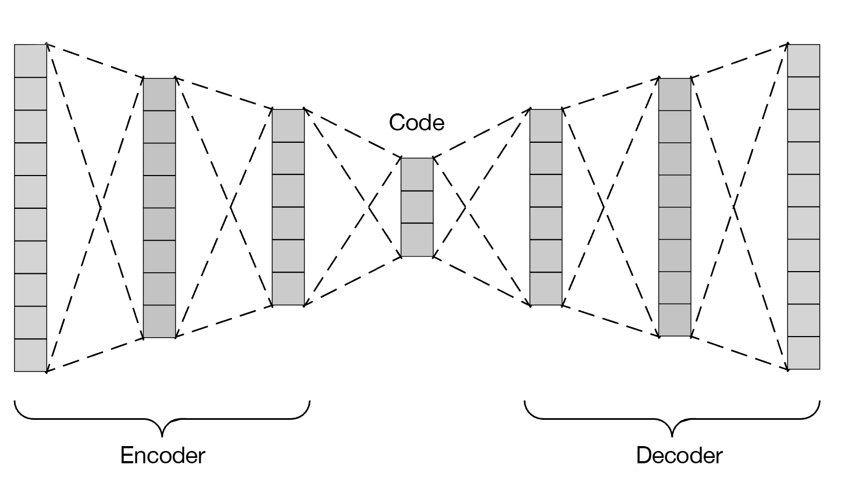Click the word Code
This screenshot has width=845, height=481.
click(417, 123)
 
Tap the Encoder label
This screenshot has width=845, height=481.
click(163, 455)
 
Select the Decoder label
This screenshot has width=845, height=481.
click(680, 455)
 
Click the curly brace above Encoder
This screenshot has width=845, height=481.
click(162, 419)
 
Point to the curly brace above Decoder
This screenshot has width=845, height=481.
click(672, 419)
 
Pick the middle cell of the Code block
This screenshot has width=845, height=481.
click(417, 207)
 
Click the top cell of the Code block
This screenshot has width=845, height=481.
click(417, 174)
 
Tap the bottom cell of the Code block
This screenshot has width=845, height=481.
click(417, 240)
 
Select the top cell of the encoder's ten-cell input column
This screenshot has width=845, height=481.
click(31, 61)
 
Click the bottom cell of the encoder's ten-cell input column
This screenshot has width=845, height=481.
click(31, 355)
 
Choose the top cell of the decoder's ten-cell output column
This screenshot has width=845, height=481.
click(804, 60)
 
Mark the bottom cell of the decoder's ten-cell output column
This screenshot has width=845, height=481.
click(804, 353)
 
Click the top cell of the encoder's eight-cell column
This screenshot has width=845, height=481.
click(159, 94)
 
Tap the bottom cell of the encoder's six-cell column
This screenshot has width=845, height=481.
click(288, 289)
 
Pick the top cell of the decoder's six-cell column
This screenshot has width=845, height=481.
click(546, 126)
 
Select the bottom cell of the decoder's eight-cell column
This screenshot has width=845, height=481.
click(675, 320)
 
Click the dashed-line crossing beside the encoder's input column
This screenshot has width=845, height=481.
click(101, 207)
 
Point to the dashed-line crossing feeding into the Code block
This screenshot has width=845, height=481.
click(369, 207)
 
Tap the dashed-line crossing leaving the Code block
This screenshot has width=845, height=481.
click(465, 207)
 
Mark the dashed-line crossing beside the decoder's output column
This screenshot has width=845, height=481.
click(734, 207)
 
